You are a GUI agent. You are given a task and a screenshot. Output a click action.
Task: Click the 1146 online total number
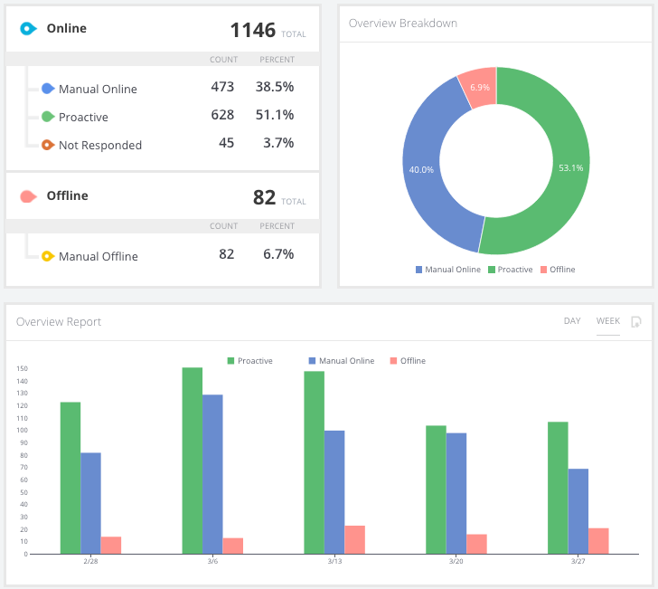point(253,30)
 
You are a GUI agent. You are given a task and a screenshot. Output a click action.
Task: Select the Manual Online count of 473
point(221,88)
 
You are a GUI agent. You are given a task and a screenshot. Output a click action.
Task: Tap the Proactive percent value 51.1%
point(277,116)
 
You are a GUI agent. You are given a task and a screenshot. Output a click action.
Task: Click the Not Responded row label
point(99,145)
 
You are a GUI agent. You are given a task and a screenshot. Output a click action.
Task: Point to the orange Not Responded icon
point(48,144)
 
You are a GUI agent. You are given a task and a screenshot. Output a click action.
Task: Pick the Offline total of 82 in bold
point(264,197)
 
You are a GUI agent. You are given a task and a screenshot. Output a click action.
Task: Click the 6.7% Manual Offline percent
point(277,255)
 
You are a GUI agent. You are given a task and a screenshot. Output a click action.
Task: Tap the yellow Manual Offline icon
point(48,256)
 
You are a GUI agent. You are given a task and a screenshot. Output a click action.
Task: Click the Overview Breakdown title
point(403,23)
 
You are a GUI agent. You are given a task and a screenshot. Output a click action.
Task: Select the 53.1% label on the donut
point(571,167)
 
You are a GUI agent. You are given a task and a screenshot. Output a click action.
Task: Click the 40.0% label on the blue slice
point(421,169)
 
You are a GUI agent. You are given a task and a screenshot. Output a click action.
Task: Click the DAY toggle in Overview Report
point(572,321)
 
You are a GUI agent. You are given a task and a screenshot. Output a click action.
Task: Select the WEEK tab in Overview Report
point(607,321)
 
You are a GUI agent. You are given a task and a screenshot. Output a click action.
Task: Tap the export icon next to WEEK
point(636,321)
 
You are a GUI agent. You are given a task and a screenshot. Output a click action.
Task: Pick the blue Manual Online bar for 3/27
point(578,511)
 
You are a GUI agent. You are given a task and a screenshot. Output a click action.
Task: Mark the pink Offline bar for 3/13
point(354,539)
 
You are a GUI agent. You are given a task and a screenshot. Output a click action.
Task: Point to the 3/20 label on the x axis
point(456,562)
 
